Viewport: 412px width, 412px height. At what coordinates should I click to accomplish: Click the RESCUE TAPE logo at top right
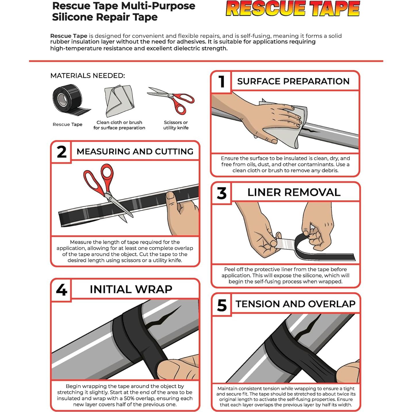(x=293, y=9)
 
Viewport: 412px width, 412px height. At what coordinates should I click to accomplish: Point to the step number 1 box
(x=221, y=82)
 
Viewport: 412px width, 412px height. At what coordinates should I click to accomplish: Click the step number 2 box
(x=61, y=152)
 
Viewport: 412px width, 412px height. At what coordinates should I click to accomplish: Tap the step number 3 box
(x=221, y=193)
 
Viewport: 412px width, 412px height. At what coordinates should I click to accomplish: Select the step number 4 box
(x=61, y=290)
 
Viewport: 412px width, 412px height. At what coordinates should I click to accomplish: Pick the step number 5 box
(x=222, y=305)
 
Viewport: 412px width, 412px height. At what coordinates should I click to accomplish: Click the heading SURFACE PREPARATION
(x=293, y=81)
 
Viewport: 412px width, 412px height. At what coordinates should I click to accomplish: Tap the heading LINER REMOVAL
(x=294, y=192)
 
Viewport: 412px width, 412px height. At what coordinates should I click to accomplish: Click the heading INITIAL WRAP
(x=131, y=289)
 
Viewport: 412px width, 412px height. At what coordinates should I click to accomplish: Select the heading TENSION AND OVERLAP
(x=295, y=304)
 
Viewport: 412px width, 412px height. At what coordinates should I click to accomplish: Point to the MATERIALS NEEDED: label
(x=88, y=76)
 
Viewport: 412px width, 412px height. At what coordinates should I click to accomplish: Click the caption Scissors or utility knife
(x=176, y=125)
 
